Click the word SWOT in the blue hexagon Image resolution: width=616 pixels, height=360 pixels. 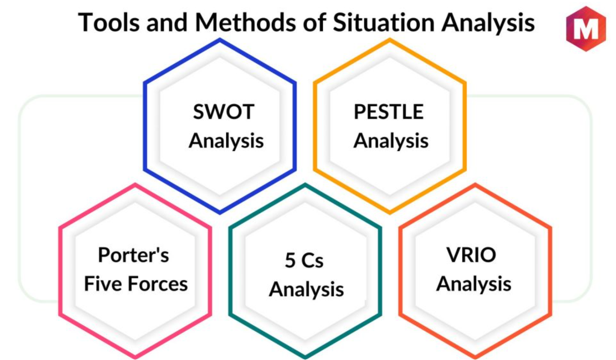tap(223, 112)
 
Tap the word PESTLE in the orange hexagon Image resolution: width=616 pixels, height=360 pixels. tap(388, 112)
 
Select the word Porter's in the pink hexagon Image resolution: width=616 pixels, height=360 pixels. tap(133, 255)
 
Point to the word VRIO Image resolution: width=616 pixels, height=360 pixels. tap(471, 255)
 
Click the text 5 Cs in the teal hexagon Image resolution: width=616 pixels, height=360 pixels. tap(304, 260)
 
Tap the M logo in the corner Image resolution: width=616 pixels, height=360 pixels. tap(586, 29)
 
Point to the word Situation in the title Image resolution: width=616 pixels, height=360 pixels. tap(383, 22)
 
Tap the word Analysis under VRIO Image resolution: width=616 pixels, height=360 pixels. tap(474, 284)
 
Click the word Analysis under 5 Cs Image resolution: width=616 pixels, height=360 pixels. tap(306, 290)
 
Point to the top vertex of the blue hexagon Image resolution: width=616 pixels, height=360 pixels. tap(220, 40)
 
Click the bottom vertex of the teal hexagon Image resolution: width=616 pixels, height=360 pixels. tap(305, 357)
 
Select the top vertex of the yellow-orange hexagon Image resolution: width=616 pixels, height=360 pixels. tap(390, 40)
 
